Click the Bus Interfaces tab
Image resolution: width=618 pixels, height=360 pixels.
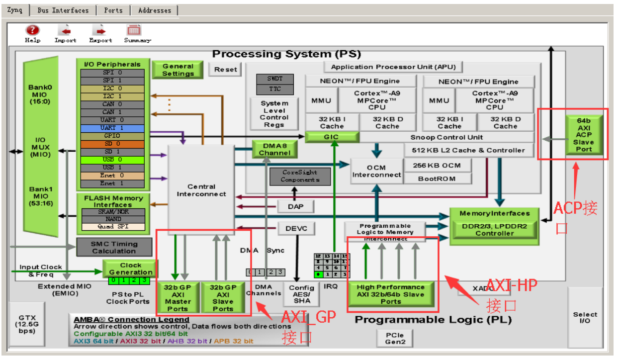click(63, 10)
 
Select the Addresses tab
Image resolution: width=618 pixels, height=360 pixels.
click(154, 10)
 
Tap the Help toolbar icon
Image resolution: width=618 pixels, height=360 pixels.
click(32, 33)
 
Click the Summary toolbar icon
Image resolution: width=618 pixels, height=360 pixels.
click(134, 33)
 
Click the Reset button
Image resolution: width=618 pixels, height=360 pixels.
click(225, 70)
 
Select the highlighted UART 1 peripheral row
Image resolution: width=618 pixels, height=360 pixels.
click(112, 128)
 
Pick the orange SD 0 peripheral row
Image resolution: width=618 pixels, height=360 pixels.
click(112, 144)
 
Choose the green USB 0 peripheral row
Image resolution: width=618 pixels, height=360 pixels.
click(112, 160)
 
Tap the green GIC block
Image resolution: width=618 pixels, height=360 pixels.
click(331, 137)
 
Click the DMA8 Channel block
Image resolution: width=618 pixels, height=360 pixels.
click(274, 149)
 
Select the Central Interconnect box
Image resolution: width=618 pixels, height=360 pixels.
click(201, 190)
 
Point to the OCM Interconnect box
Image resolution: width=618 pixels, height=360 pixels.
click(376, 171)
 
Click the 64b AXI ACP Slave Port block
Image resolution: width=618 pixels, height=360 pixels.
click(584, 135)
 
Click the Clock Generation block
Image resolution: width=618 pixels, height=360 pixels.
click(130, 269)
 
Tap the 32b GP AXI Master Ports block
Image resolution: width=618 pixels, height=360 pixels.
click(177, 298)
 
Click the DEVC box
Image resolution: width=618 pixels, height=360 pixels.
click(296, 229)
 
